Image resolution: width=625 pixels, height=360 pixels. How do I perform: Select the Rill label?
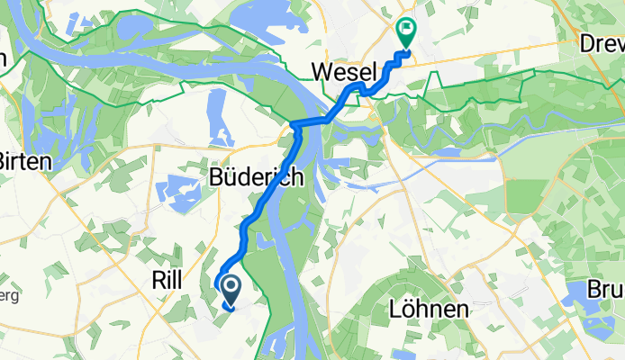(x=162, y=281)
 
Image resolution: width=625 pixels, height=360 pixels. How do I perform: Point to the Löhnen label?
(x=429, y=310)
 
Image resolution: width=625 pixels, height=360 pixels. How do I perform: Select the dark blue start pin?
(x=231, y=290)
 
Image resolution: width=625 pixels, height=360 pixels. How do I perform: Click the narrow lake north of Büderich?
(x=217, y=117)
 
